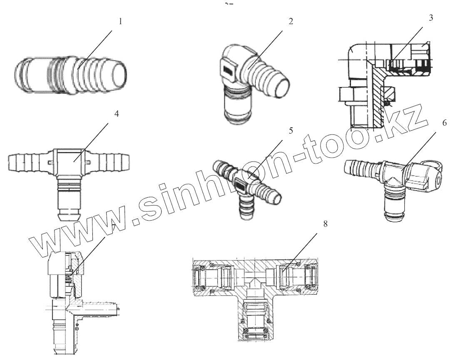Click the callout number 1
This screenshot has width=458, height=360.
tap(121, 22)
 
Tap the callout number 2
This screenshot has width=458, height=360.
tap(291, 22)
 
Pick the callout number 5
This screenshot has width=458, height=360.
tap(291, 130)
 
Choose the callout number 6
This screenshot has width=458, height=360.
tap(445, 124)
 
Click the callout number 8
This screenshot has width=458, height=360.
tap(325, 224)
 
